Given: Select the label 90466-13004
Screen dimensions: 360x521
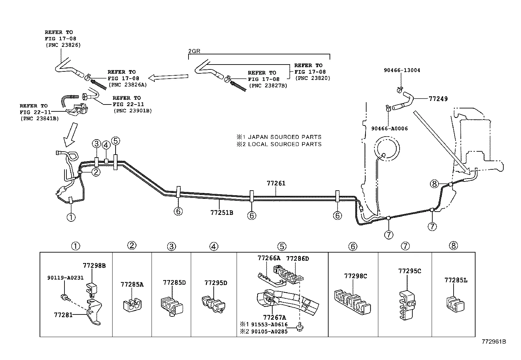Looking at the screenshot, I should point(402,70).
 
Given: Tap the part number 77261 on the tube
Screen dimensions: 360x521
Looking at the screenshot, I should point(276,183).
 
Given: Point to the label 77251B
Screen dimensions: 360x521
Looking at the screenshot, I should point(222,213).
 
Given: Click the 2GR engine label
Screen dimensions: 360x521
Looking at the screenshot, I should point(194,51).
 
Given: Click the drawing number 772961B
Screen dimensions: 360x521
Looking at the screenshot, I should point(493,342).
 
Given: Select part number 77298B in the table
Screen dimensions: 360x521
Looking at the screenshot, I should point(94,266).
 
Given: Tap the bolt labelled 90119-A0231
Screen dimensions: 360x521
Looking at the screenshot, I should point(64,297).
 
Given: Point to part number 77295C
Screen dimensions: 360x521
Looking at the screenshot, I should point(409,271).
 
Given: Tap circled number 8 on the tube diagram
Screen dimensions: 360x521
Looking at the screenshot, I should point(434,184).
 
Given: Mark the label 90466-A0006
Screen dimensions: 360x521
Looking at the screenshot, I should point(389,128).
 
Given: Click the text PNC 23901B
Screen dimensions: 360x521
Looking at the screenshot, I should point(133,110).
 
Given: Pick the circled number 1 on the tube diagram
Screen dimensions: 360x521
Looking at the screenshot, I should point(71,217).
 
